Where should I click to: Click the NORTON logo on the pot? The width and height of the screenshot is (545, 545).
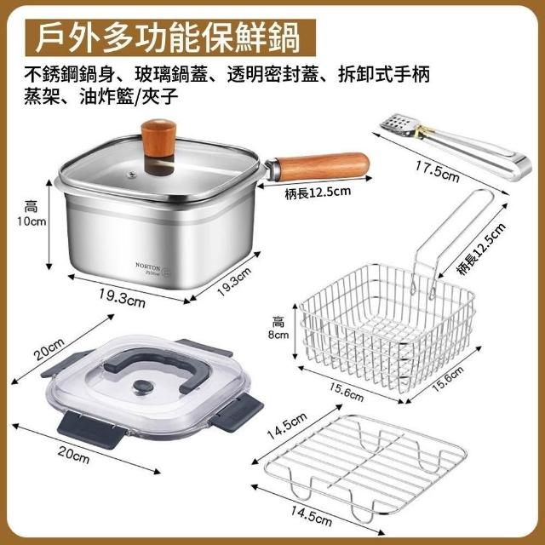tap(147, 267)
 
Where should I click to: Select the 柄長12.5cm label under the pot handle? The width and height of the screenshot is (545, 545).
tap(318, 192)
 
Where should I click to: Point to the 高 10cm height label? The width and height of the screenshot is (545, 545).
tap(32, 214)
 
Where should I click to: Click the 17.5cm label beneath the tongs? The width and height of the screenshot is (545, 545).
tap(437, 171)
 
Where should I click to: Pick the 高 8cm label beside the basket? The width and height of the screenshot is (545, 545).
tap(278, 327)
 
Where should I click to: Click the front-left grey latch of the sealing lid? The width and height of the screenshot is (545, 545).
tap(92, 429)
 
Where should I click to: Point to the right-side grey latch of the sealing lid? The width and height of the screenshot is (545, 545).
tap(236, 412)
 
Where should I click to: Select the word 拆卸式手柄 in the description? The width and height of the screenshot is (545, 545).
tap(384, 74)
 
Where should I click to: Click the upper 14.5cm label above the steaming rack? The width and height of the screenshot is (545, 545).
tap(287, 427)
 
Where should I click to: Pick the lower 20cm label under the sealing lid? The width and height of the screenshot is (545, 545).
tap(73, 455)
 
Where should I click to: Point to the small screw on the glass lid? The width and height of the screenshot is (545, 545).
tap(131, 174)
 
